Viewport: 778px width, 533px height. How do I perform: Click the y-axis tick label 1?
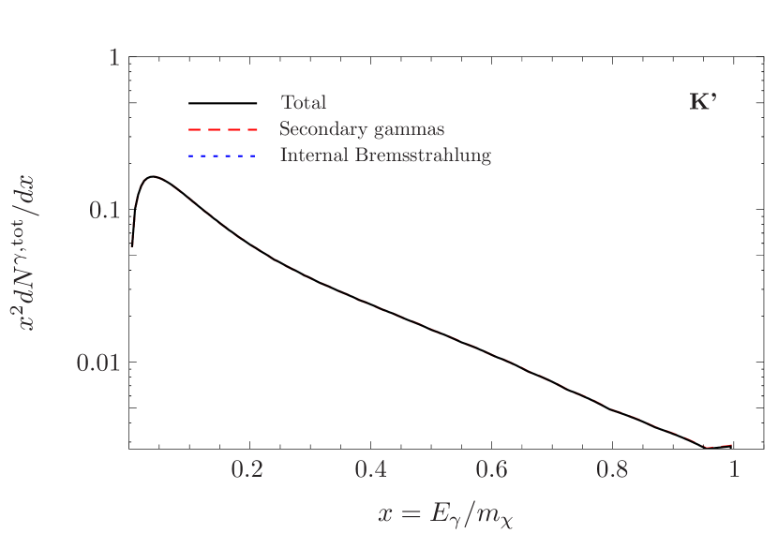pyautogui.click(x=114, y=58)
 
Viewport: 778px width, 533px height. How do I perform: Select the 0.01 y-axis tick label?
pyautogui.click(x=98, y=363)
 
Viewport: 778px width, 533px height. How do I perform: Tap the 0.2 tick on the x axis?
pyautogui.click(x=247, y=469)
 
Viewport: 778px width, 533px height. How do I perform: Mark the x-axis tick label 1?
pyautogui.click(x=735, y=469)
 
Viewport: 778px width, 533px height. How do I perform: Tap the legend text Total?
pyautogui.click(x=303, y=103)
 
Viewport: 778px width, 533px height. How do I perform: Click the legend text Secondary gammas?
pyautogui.click(x=362, y=129)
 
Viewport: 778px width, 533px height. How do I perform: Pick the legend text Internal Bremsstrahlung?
pyautogui.click(x=385, y=155)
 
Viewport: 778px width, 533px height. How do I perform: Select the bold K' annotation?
pyautogui.click(x=703, y=103)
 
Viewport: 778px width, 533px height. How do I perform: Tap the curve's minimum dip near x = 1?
pyautogui.click(x=711, y=447)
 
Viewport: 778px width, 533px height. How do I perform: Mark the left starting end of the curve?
pyautogui.click(x=132, y=245)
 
